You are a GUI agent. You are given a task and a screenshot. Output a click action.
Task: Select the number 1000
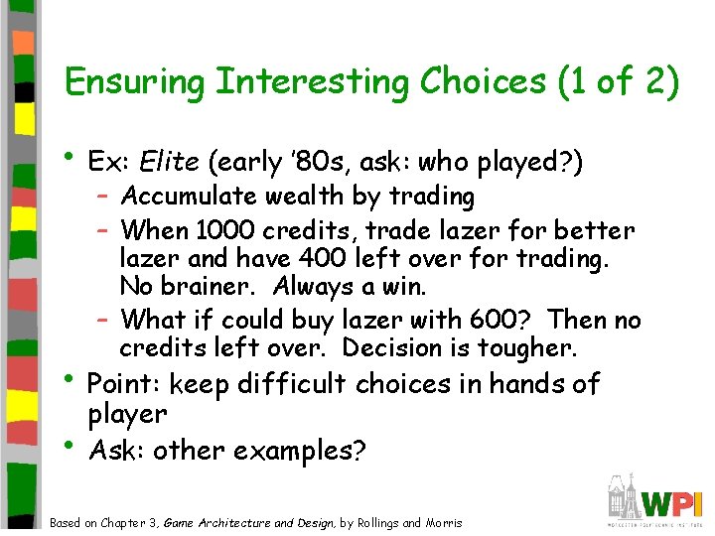[x=224, y=231]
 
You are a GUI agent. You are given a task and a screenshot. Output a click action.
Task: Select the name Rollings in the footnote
[x=378, y=522]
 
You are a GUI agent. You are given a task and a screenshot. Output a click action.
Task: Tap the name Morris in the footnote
[x=443, y=522]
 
